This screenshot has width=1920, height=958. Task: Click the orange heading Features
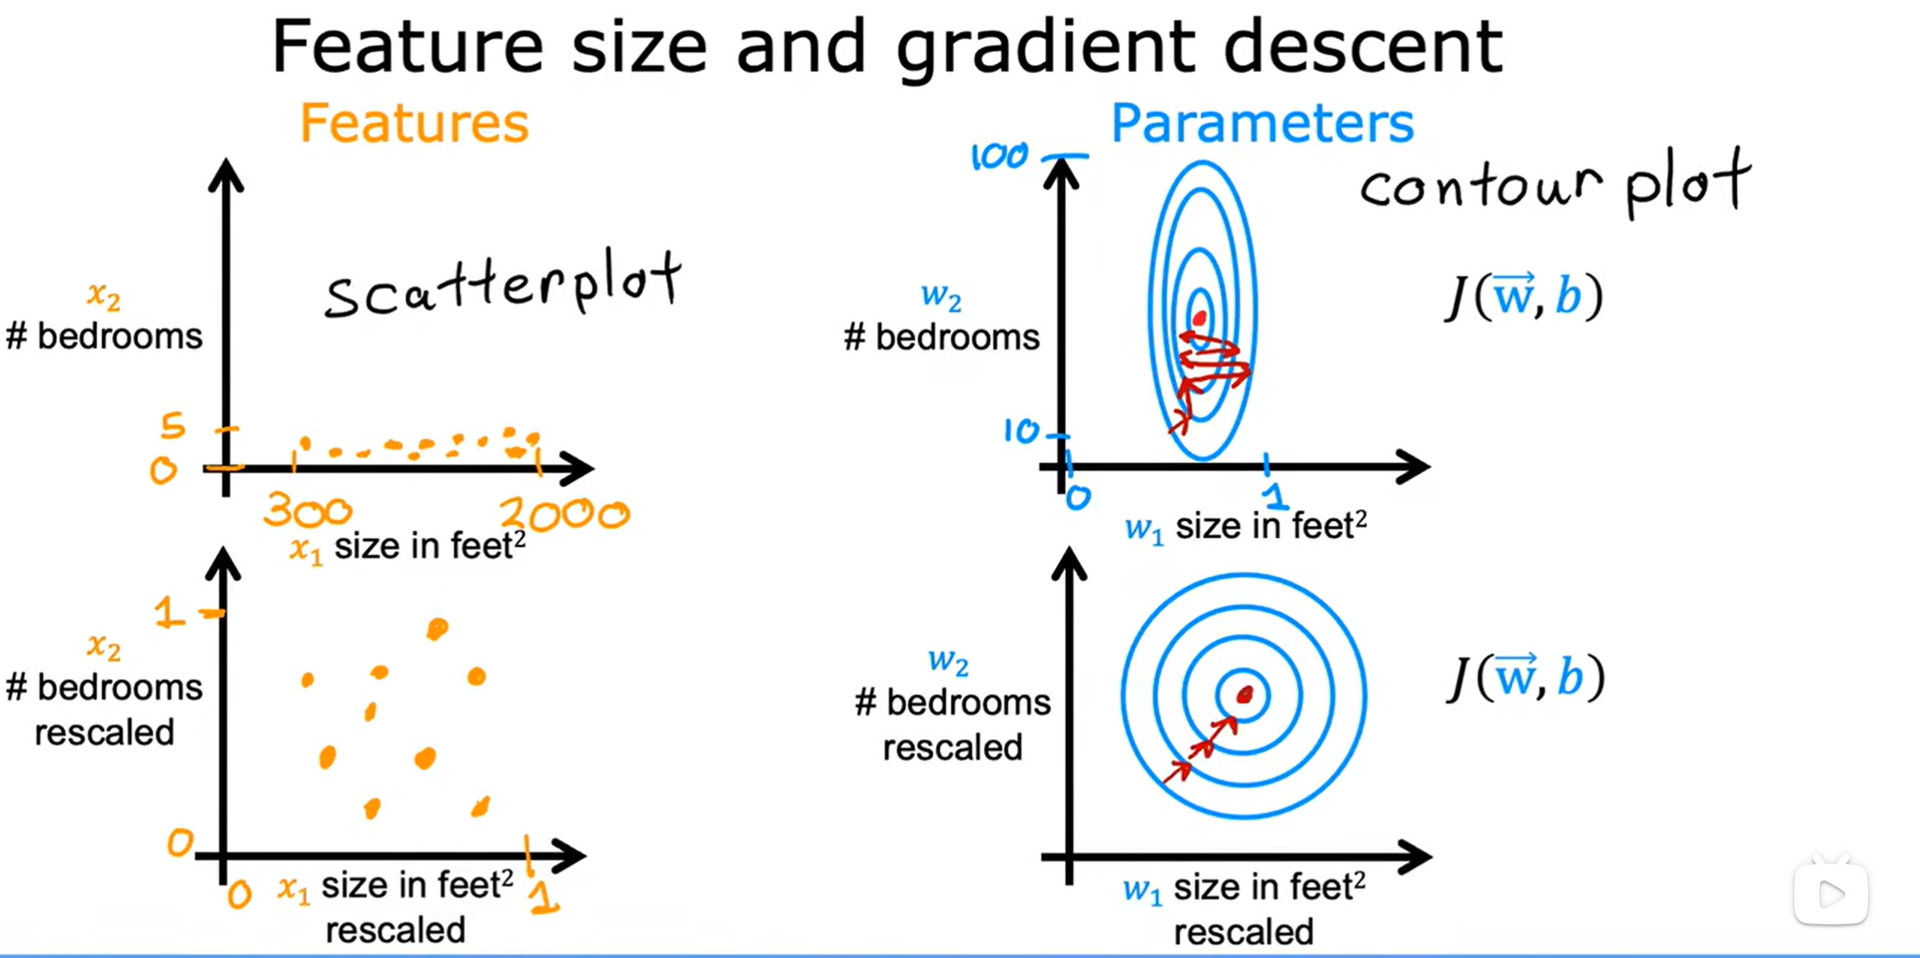pos(414,123)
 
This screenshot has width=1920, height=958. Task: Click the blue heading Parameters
pos(1262,123)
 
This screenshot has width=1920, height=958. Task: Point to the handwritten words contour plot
pos(1555,184)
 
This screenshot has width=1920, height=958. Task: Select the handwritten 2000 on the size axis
pos(565,514)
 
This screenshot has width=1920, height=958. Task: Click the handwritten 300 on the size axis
pos(307,511)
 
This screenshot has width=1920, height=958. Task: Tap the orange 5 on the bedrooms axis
pos(173,426)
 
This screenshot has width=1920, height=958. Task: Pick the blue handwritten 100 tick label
pos(999,157)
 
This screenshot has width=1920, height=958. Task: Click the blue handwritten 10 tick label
pos(1021,431)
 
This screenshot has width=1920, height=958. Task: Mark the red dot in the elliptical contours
pos(1199,318)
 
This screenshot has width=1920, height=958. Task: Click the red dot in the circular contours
pos(1244,694)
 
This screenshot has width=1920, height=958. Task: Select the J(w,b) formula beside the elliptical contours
pos(1525,297)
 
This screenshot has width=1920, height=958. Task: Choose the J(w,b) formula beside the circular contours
pos(1525,677)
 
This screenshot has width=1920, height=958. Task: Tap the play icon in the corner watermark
pos(1830,894)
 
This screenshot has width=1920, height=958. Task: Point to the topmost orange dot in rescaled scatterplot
pos(437,628)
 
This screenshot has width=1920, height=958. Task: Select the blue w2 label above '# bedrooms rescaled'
pos(947,661)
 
